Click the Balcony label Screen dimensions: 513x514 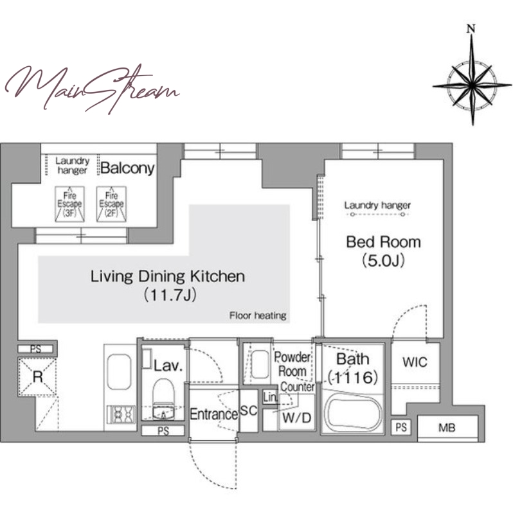pos(127,168)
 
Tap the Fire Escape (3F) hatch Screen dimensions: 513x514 pos(69,204)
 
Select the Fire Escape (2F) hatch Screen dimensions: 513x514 pos(111,204)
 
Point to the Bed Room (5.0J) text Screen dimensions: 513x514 pos(383,251)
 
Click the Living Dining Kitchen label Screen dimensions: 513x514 pos(168,276)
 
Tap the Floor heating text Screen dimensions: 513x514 pos(258,315)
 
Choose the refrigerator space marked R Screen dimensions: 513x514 pos(37,377)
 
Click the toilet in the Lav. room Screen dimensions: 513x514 pos(163,399)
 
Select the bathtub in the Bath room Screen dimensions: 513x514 pos(353,411)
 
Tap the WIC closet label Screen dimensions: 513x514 pos(415,362)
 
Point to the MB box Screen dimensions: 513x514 pos(447,428)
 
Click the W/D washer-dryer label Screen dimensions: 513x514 pos(296,418)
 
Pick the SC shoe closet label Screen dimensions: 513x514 pos(249,411)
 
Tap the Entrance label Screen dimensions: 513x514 pos(214,414)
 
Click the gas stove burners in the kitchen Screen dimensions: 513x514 pos(121,414)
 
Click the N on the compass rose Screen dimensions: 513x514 pos(471,29)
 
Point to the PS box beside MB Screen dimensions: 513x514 pos(401,427)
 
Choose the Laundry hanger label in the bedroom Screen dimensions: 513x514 pos(377,206)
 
